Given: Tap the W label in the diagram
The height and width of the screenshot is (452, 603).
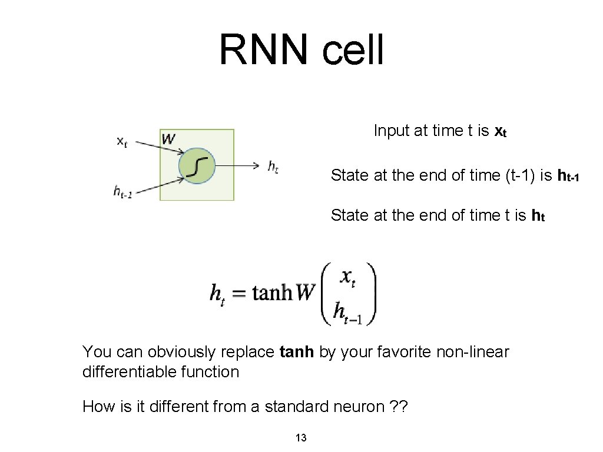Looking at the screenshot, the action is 168,139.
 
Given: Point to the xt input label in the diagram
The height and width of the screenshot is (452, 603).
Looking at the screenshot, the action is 122,142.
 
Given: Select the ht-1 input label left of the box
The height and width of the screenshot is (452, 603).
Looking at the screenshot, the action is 122,192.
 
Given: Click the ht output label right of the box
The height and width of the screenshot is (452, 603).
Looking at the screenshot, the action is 273,167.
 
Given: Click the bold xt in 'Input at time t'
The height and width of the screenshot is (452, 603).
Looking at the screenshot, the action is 500,131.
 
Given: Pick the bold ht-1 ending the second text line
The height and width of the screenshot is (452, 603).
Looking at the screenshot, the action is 568,175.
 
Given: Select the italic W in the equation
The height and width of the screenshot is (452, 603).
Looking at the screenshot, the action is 306,293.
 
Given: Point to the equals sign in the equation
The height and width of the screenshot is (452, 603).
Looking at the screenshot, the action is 238,293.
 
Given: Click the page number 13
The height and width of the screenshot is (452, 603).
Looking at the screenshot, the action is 301,437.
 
